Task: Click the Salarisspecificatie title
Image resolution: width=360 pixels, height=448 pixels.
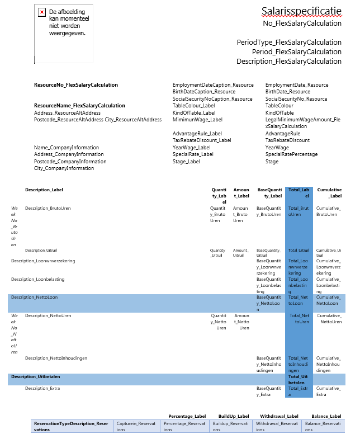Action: click(x=301, y=11)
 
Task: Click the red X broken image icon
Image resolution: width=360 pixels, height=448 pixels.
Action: click(x=42, y=12)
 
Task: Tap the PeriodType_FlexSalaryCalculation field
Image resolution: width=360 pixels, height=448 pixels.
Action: click(x=289, y=42)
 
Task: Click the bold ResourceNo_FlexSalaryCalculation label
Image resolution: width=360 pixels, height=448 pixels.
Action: click(x=76, y=85)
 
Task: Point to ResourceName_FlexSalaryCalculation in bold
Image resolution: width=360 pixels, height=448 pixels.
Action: click(x=79, y=106)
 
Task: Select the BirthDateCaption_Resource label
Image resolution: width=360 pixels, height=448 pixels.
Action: click(x=204, y=92)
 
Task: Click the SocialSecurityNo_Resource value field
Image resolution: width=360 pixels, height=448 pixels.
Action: click(x=296, y=99)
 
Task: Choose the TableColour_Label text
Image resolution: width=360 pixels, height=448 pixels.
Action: click(x=193, y=106)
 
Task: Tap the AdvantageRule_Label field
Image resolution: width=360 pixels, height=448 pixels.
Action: click(x=197, y=134)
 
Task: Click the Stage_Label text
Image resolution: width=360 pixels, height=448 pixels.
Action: click(x=186, y=162)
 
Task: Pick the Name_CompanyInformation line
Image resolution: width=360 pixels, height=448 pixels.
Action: click(x=67, y=148)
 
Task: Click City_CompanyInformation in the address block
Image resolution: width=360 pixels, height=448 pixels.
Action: click(x=64, y=168)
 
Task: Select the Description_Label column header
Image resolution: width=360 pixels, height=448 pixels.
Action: click(x=44, y=190)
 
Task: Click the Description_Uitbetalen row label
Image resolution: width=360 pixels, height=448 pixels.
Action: click(x=35, y=376)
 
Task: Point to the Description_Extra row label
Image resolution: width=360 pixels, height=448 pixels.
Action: click(x=42, y=388)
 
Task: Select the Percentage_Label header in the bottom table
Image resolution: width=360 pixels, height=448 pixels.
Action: click(x=187, y=416)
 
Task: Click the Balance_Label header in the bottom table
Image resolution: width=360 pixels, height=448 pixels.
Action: click(x=326, y=416)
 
